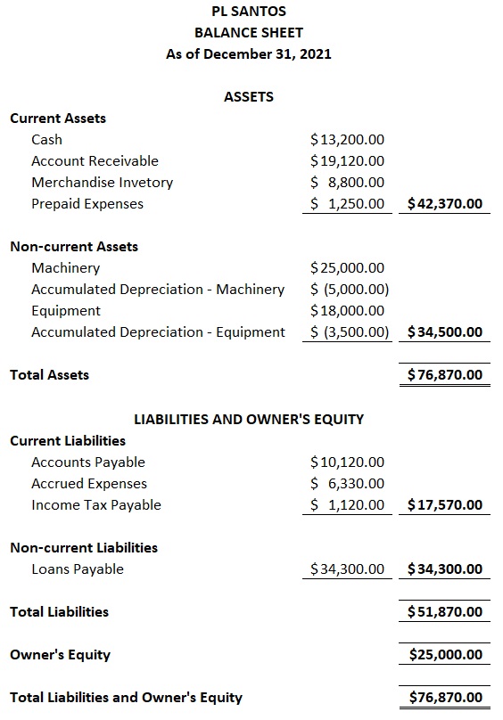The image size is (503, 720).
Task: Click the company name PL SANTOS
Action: point(249,12)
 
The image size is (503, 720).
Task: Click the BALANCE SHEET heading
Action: point(249,33)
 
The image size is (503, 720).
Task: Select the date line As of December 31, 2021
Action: point(249,54)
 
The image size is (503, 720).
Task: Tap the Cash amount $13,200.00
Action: point(347,140)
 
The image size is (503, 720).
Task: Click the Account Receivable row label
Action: point(95,161)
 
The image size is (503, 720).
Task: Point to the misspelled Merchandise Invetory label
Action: point(102,183)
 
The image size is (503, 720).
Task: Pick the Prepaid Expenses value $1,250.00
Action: point(347,204)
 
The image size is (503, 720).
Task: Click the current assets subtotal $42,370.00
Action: point(445,204)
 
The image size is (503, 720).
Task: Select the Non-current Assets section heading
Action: point(74,247)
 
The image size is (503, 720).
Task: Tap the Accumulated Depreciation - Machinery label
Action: point(158,290)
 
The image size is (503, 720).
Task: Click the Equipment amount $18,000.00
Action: point(347,311)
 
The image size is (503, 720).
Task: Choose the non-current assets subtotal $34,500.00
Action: point(445,332)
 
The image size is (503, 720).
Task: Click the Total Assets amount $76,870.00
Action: point(445,375)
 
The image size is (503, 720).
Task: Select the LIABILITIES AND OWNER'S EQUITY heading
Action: point(249,419)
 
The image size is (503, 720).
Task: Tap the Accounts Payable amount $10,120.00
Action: point(347,462)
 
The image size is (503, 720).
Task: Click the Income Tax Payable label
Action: point(96,505)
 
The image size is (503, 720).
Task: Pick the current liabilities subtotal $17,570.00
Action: point(445,505)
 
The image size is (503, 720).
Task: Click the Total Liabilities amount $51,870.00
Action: point(445,612)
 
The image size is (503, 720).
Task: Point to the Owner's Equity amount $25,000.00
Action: point(445,655)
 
